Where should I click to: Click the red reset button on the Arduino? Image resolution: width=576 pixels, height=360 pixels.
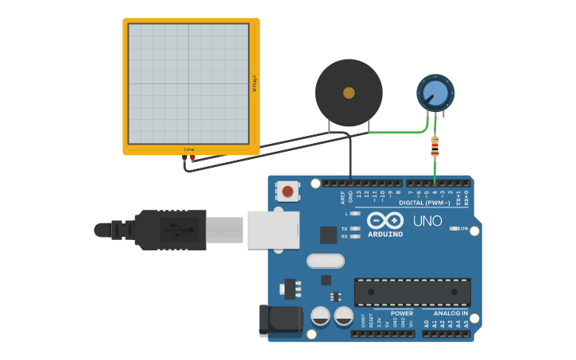288,191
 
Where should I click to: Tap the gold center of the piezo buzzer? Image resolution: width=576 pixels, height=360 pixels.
349,93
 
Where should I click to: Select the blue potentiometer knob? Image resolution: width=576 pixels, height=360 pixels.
435,94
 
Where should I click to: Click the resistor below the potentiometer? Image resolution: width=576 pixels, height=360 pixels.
435,146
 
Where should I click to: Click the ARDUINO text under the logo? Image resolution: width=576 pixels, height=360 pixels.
385,234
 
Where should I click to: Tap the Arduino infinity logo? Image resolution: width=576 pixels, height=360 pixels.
385,220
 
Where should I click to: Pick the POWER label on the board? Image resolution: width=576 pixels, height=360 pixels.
401,313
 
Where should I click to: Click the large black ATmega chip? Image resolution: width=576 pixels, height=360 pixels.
412,291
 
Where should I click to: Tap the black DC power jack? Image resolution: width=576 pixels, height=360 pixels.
280,320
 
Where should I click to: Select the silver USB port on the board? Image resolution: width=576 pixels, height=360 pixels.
273,230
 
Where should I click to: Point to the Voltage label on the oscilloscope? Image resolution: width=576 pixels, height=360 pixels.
254,83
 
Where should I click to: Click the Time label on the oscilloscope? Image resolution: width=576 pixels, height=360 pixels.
189,149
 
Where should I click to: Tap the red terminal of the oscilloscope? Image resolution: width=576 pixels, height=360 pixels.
193,158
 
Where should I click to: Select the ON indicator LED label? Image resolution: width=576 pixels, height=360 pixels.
463,228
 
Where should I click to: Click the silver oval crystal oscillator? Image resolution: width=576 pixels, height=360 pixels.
326,261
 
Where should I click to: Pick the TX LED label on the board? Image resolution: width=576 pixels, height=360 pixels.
345,228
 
